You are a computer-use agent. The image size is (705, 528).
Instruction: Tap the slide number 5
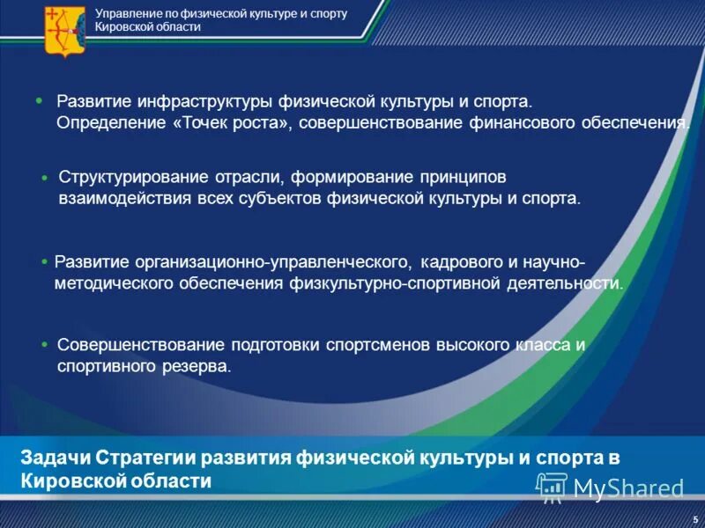click(695, 520)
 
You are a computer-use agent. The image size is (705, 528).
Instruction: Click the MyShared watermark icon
click(553, 486)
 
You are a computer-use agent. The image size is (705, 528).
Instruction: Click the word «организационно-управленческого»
click(273, 262)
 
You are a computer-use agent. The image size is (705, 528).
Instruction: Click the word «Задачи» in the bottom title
click(54, 458)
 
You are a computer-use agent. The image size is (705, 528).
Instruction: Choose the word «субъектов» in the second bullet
click(279, 198)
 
